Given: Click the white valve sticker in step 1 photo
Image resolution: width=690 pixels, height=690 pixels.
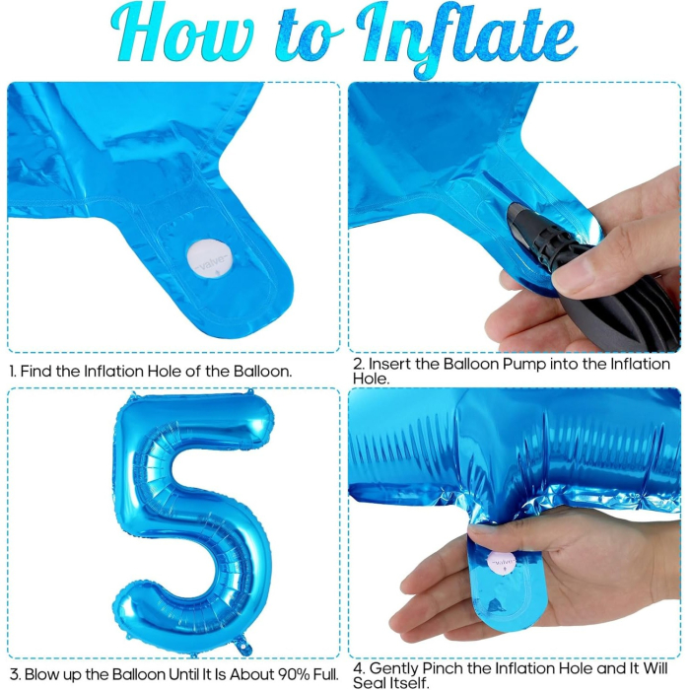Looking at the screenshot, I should tap(208, 262).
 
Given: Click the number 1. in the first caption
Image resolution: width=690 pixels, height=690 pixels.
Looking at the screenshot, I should tap(13, 372).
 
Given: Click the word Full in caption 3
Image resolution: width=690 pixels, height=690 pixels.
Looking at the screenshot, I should tap(323, 674).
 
